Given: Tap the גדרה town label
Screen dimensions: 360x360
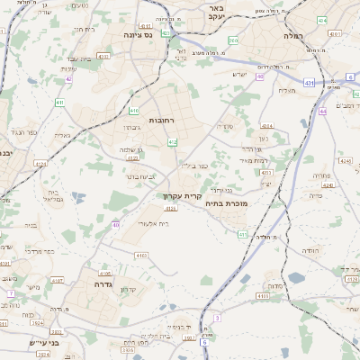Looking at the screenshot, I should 101,283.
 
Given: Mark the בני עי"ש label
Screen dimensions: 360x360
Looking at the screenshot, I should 42,342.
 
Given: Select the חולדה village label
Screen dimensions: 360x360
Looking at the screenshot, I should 309,251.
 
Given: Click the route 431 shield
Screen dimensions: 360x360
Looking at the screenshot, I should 308,83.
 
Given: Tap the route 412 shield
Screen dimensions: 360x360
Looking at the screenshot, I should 172,142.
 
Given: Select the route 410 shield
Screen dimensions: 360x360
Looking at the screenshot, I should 59,103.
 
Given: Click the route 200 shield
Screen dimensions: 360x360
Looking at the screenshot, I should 233,40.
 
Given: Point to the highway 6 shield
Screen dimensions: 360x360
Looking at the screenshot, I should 204,342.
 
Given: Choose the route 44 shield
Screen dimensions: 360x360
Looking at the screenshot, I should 322,111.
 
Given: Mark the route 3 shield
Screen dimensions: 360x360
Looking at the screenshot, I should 217,318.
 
